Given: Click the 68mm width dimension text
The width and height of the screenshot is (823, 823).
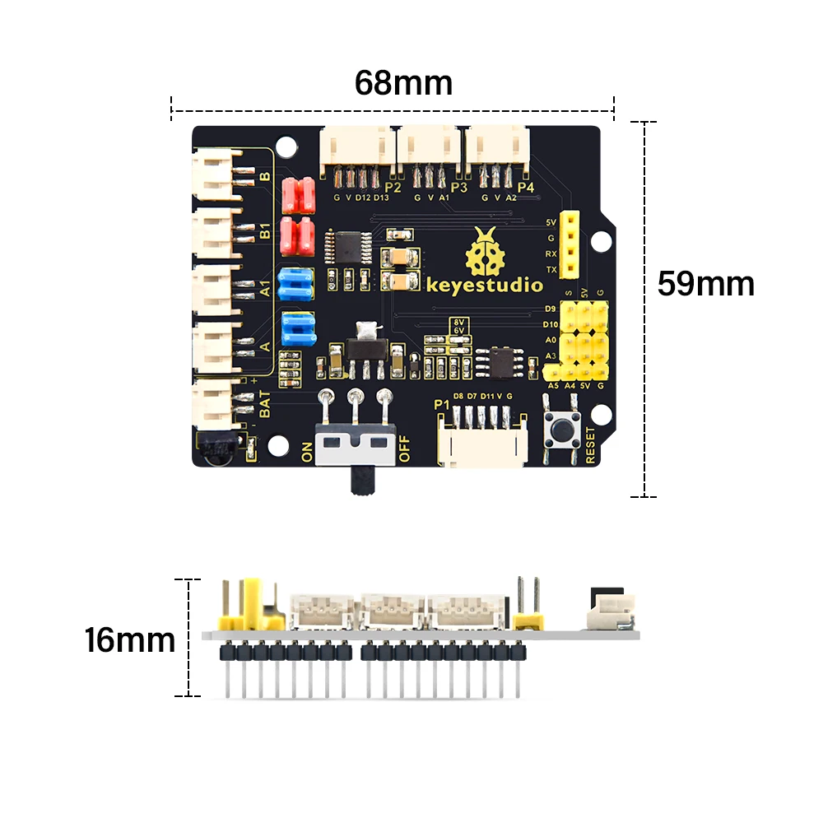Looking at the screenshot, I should pyautogui.click(x=403, y=82).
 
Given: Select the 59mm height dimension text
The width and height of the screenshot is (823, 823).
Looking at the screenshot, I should pyautogui.click(x=705, y=284).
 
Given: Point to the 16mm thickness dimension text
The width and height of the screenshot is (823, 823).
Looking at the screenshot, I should pyautogui.click(x=130, y=639).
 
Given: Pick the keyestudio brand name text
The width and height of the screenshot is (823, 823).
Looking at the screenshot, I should pyautogui.click(x=485, y=286).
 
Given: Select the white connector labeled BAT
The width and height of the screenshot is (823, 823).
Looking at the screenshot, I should pyautogui.click(x=216, y=402).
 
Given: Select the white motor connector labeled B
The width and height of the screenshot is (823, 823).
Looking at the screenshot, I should pyautogui.click(x=216, y=177).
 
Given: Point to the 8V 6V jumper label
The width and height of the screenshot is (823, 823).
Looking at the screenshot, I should pyautogui.click(x=458, y=325).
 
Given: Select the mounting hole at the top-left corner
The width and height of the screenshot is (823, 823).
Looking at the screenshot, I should pyautogui.click(x=285, y=147).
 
